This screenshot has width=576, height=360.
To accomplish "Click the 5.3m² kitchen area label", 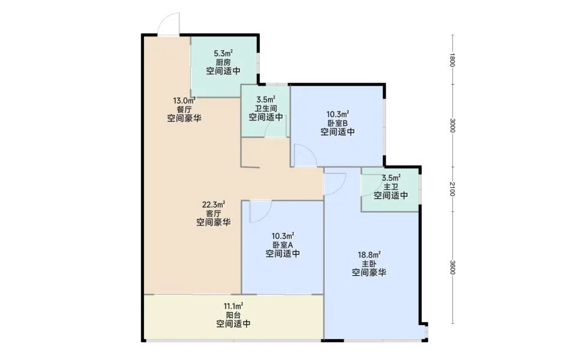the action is click(223, 53).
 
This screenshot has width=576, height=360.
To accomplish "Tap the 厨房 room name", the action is click(223, 62).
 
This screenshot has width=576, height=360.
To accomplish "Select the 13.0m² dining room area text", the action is click(184, 100).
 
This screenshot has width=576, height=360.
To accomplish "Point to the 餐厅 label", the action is click(184, 109).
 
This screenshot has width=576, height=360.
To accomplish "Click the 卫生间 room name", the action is click(266, 109).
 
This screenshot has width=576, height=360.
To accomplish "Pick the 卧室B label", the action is click(338, 123).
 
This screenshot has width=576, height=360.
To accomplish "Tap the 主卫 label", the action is click(391, 187).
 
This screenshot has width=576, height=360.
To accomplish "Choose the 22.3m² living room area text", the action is click(214, 205).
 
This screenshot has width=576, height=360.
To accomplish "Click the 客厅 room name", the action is click(214, 214).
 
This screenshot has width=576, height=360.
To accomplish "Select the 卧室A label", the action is click(283, 245).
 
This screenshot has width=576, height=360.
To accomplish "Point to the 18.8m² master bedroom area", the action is click(369, 254).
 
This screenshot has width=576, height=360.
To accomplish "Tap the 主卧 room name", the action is click(369, 264).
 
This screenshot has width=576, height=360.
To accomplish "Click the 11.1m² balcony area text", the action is click(233, 306).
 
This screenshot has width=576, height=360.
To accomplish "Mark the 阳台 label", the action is click(233, 315).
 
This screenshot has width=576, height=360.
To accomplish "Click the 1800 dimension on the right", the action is click(452, 60).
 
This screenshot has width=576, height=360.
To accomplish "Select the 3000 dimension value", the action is click(452, 125).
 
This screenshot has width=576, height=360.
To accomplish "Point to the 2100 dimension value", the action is click(452, 189).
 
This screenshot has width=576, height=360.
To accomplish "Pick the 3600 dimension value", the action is click(452, 267).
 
